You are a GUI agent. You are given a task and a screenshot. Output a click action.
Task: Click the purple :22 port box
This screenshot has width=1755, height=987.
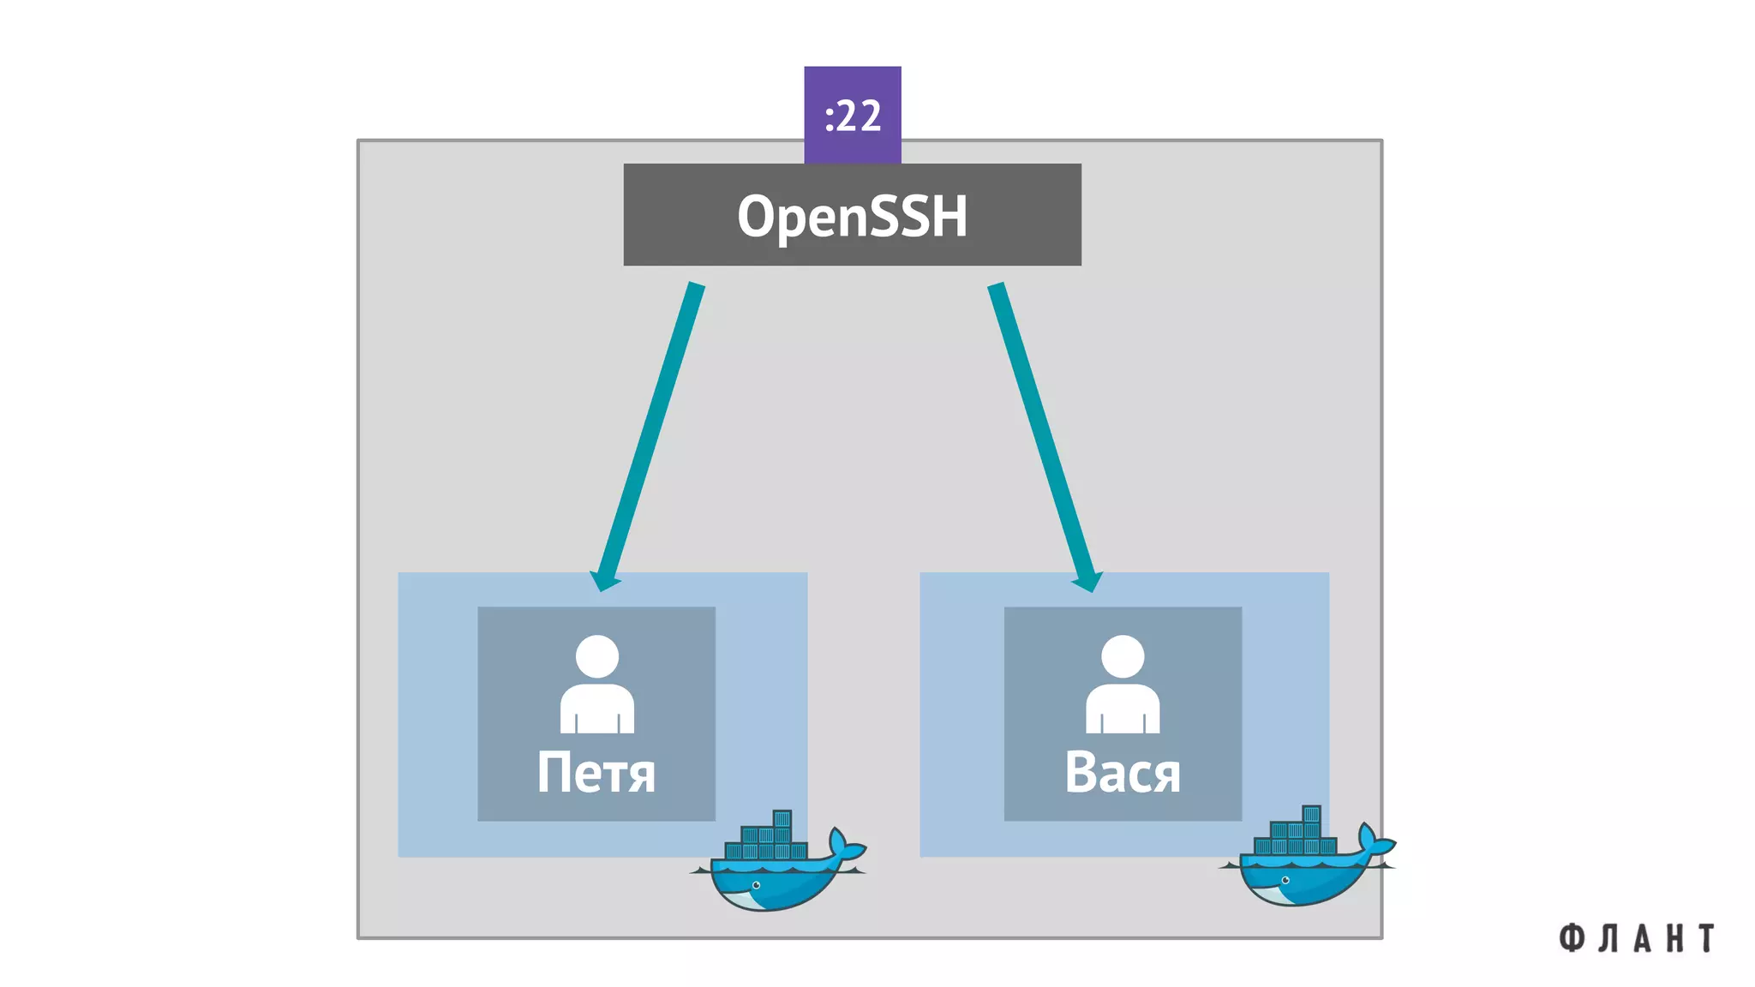click(852, 114)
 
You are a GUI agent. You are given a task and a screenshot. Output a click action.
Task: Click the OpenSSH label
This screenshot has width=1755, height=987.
click(852, 215)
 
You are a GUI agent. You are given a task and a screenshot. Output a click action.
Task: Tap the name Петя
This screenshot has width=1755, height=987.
click(596, 773)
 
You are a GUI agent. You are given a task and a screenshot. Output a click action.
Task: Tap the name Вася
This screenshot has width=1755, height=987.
click(1122, 773)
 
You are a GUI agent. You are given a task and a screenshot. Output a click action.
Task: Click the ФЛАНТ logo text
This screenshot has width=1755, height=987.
click(1636, 938)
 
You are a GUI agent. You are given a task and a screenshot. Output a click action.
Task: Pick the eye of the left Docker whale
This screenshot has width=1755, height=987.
click(756, 885)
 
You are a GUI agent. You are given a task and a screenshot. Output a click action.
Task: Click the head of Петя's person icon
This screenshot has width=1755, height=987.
click(597, 656)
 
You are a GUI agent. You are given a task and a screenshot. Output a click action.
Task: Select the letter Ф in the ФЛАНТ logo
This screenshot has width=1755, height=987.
click(1571, 938)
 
